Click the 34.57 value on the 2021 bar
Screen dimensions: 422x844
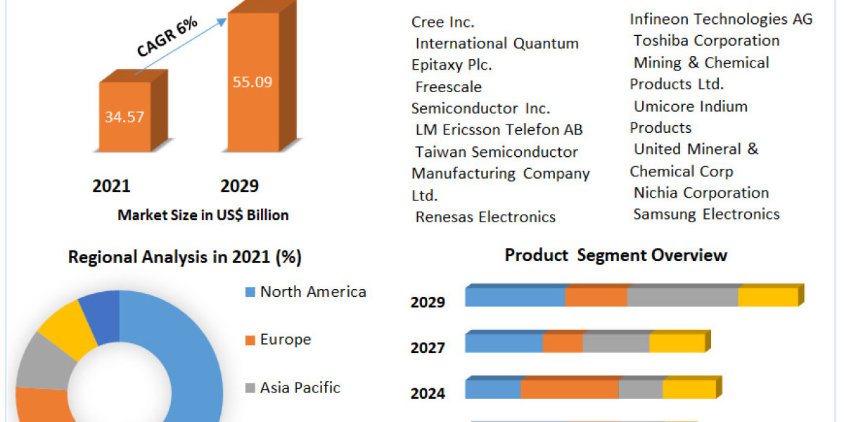coord(124,117)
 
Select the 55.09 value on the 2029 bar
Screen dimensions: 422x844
coord(252,82)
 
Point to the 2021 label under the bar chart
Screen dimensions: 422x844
coord(111,186)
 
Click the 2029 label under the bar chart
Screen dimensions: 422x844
coord(239,186)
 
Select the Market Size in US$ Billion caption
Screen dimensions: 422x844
coord(203,215)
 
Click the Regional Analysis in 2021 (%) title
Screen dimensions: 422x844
coord(184,257)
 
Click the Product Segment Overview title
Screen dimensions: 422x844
coord(615,255)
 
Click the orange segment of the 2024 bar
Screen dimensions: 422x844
coord(569,389)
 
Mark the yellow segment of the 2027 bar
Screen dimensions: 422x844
coord(677,343)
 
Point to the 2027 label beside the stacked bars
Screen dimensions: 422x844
coord(428,348)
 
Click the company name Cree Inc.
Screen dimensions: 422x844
coord(443,22)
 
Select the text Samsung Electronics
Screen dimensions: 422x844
coord(706,215)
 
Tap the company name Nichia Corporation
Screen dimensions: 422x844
coord(701,193)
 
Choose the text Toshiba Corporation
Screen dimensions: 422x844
coord(706,41)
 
